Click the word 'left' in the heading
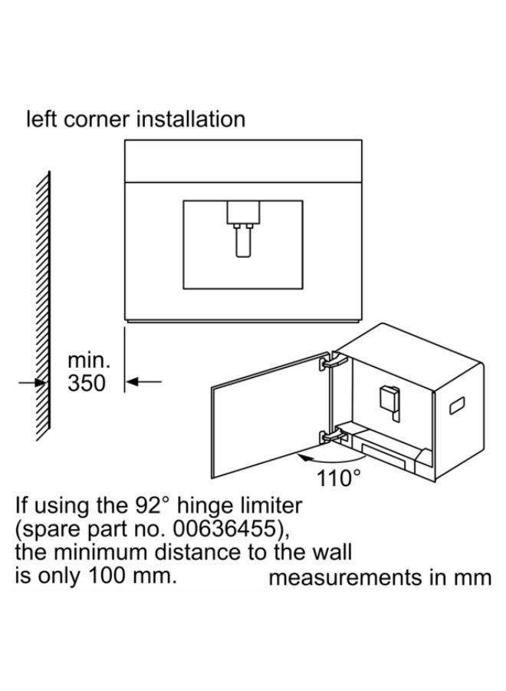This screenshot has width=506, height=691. (42, 119)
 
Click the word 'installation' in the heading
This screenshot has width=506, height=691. (190, 119)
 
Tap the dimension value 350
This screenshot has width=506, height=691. (87, 383)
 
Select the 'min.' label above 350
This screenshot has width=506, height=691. (88, 361)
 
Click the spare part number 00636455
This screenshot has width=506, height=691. (226, 529)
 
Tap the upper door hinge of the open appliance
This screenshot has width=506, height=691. (334, 361)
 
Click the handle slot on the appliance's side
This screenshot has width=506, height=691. (456, 405)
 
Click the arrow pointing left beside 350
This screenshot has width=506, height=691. (144, 382)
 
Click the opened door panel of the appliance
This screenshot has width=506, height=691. (270, 415)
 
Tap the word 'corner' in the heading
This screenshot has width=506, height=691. (97, 121)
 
